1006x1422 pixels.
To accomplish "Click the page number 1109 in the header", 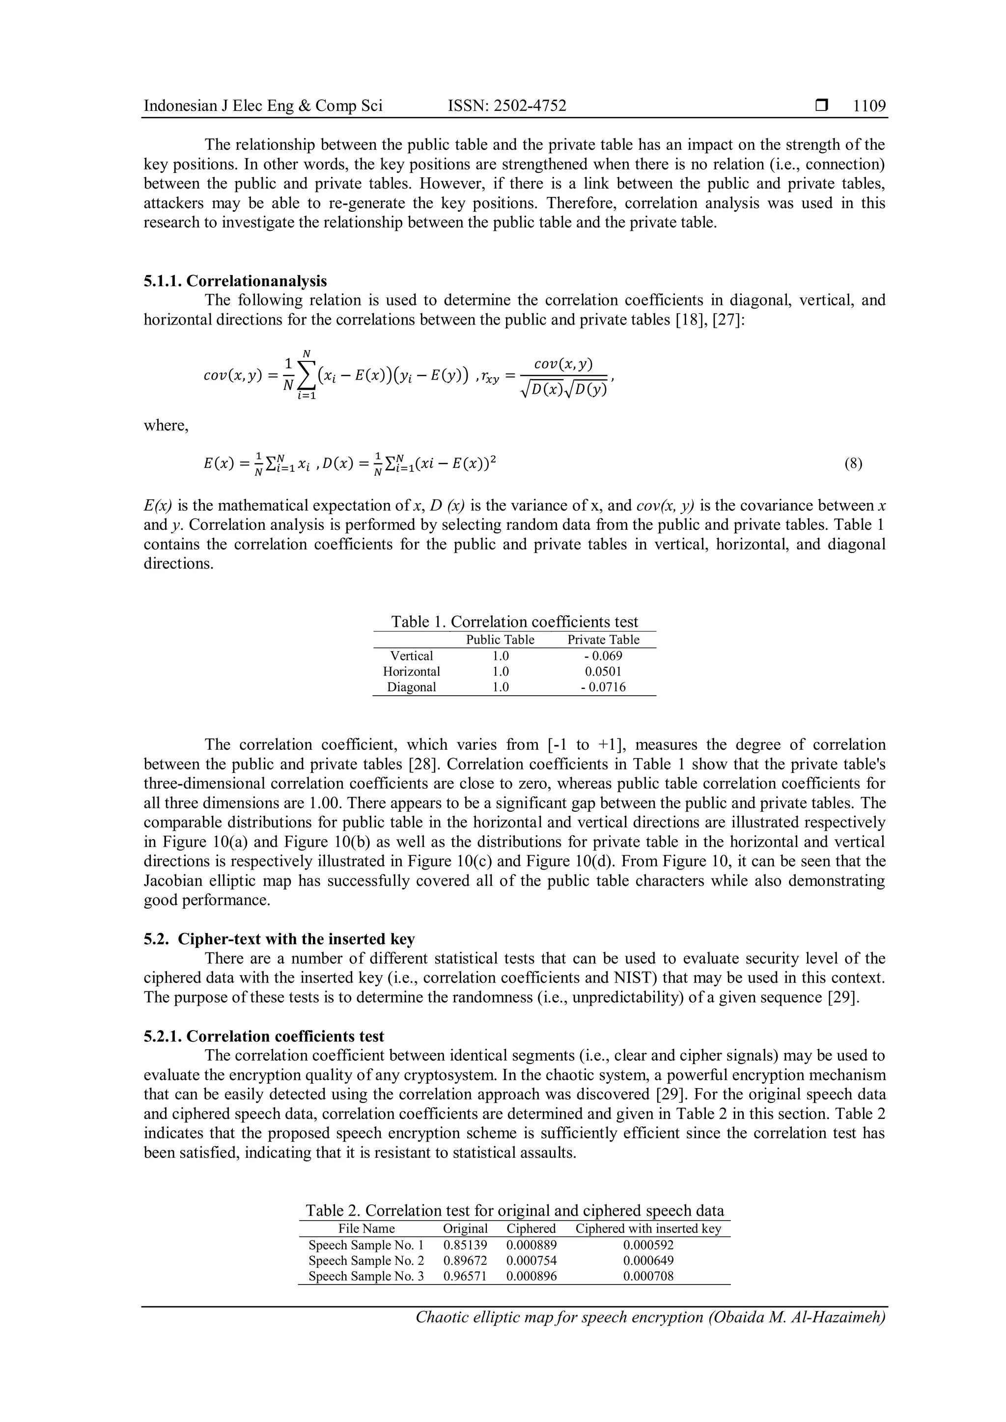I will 869,106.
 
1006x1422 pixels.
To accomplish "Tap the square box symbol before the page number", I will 822,106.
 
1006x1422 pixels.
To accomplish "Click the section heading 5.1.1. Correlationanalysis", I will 235,281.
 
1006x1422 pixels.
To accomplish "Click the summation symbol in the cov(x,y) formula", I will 306,375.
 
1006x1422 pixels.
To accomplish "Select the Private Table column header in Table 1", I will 603,640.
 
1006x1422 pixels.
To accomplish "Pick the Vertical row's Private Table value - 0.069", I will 603,656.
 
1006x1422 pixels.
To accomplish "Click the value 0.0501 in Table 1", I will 603,671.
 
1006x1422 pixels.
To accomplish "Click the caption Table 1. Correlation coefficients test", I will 514,622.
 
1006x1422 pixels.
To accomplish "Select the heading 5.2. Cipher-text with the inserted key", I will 279,939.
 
